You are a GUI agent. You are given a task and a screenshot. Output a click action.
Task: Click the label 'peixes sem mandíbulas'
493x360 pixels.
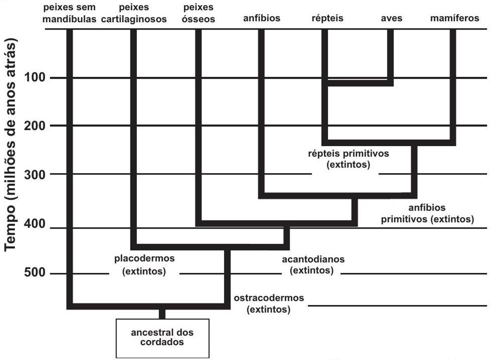click(69, 13)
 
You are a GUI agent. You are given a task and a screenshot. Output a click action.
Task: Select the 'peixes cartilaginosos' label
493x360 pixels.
click(134, 13)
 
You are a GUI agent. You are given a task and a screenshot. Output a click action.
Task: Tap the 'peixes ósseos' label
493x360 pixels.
click(198, 13)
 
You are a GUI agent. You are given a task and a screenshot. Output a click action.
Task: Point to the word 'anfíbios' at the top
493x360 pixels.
click(262, 18)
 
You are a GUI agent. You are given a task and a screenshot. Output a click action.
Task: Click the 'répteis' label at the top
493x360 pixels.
click(327, 18)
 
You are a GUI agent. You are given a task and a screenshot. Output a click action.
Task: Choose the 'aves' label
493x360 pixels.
click(392, 18)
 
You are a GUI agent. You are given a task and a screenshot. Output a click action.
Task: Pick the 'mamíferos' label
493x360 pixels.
click(455, 18)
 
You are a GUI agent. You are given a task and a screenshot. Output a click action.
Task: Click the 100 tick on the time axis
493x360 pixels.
click(35, 77)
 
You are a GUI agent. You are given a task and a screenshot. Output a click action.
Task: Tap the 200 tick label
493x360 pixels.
click(35, 126)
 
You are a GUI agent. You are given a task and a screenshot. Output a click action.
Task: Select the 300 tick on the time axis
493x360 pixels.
click(35, 175)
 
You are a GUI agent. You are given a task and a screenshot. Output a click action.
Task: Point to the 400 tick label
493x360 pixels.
click(35, 224)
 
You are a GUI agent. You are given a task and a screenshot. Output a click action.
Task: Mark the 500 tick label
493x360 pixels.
click(35, 272)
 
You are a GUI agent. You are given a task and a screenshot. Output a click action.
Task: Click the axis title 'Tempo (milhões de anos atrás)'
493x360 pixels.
click(10, 144)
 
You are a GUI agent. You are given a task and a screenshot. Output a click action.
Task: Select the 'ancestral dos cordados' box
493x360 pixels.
click(162, 338)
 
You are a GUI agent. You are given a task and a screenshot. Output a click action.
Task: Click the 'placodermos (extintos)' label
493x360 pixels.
click(144, 265)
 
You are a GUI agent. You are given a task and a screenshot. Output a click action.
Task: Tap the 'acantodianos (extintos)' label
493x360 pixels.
click(313, 265)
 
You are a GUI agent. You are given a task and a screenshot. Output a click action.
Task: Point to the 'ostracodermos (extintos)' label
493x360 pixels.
click(269, 304)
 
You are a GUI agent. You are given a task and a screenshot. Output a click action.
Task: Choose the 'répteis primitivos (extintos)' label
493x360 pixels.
click(348, 159)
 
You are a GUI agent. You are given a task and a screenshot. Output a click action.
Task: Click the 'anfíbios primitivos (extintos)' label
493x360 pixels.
click(427, 213)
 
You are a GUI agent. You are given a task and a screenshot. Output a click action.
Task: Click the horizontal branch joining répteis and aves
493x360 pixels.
click(358, 83)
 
